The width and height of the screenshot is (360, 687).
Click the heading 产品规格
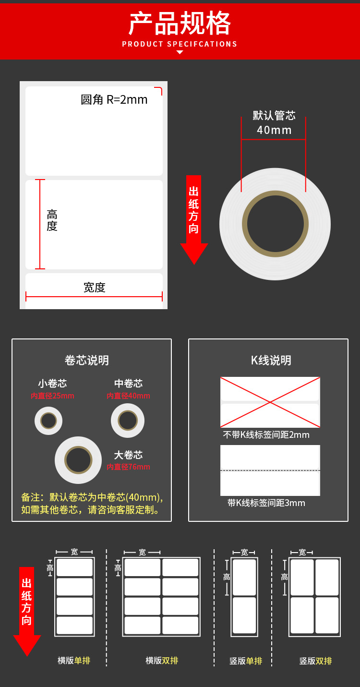180,24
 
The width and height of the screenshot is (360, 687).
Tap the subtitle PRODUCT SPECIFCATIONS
180,44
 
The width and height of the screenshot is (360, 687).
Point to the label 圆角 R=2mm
114,100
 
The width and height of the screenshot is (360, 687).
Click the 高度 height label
52,220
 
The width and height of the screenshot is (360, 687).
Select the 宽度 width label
95,288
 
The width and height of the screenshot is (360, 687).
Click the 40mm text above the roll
274,130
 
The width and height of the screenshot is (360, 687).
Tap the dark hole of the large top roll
275,224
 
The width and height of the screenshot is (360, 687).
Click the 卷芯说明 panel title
87,361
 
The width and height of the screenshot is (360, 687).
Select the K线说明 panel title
271,361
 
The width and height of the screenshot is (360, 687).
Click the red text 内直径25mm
52,396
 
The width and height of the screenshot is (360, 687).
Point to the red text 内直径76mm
128,467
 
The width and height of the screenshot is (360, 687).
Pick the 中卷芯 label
129,384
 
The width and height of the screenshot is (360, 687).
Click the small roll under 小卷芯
48,421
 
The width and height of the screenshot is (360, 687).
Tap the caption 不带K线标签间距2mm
266,435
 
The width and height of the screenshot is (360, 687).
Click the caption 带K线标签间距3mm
266,503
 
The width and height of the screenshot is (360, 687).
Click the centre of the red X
270,402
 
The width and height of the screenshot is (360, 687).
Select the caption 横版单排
74,661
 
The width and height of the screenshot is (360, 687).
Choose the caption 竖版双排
315,661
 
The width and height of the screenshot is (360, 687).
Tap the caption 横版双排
162,661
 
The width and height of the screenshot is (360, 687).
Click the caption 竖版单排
246,661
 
